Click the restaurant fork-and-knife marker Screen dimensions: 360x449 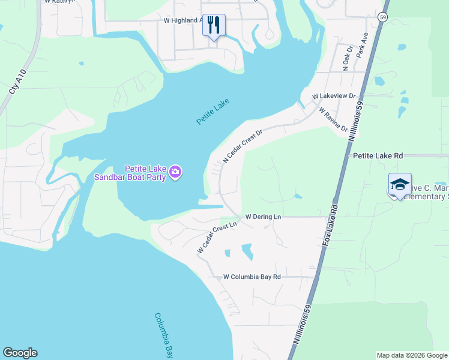tap(214, 26)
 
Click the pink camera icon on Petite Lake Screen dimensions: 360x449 tap(175, 173)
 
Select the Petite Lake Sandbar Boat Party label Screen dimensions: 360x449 tap(138, 173)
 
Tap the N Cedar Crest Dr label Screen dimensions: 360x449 tap(243, 146)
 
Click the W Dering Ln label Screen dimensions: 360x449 tap(263, 217)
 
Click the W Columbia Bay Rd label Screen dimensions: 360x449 tap(252, 277)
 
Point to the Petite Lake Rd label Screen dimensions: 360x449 tap(378, 155)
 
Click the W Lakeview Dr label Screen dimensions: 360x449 tap(334, 96)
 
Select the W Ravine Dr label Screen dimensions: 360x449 tap(334, 119)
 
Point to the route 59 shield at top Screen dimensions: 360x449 tap(383, 17)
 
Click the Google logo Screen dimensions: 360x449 tap(20, 353)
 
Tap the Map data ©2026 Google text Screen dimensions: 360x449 tap(412, 355)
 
